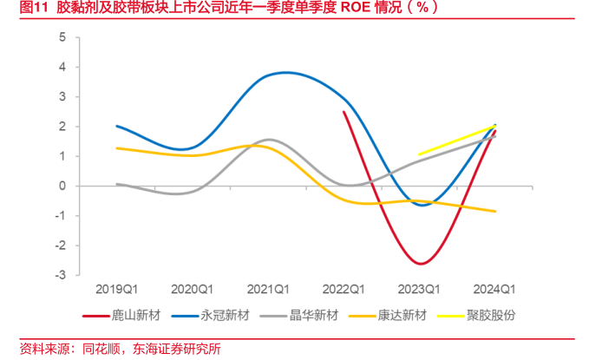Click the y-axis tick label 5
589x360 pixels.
tap(62, 37)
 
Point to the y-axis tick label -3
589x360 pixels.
tap(60, 275)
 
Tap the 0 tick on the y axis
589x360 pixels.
tap(62, 186)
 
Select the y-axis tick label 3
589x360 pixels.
tap(62, 97)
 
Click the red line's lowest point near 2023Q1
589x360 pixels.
tap(421, 263)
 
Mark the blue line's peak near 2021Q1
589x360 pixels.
tap(286, 72)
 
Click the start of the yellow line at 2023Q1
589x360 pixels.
tap(419, 155)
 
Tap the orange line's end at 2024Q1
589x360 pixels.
tap(494, 211)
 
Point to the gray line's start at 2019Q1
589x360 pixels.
tap(117, 184)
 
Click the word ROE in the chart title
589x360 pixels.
tap(353, 8)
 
